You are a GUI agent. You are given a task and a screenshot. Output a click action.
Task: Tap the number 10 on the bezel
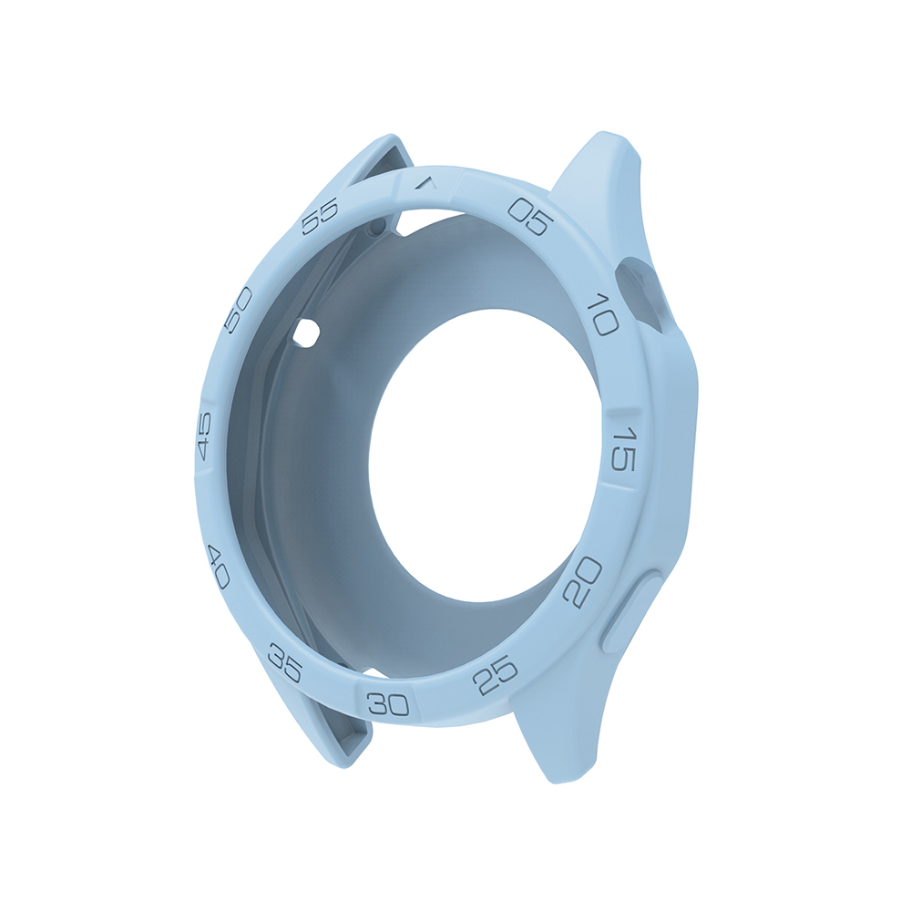pos(602,312)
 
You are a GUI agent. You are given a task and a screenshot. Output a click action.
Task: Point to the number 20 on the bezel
pos(583,582)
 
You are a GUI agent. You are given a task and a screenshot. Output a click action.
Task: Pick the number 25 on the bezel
pos(497,675)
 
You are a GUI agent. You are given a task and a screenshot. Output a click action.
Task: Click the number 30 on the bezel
pos(388,703)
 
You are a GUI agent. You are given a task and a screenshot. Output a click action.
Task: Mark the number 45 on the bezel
pos(204,435)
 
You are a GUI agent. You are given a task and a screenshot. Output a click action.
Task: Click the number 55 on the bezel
pos(320,217)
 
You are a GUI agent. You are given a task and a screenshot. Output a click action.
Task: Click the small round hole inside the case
pos(306,333)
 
